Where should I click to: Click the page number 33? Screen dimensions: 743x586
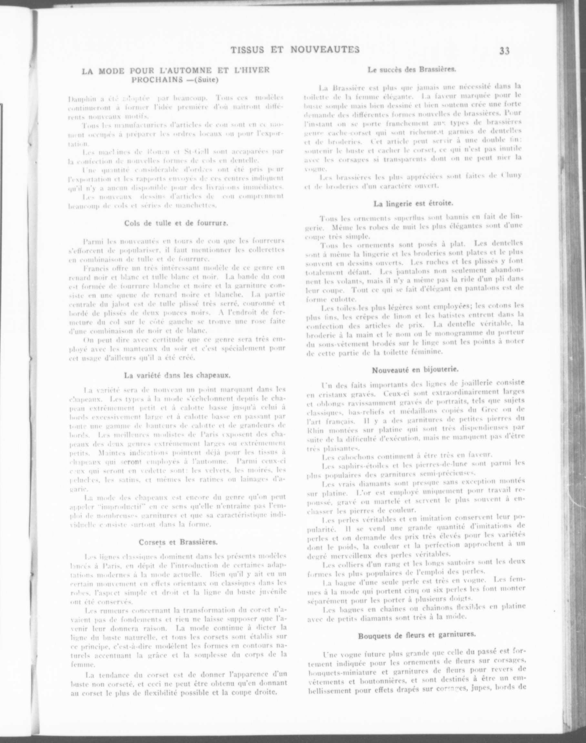pos(504,51)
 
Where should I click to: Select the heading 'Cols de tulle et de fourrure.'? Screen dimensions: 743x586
pos(177,223)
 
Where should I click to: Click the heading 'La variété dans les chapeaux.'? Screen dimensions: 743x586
pos(177,375)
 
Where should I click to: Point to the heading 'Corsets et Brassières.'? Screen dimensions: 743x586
pos(178,542)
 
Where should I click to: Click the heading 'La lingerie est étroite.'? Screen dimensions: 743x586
pos(413,203)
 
